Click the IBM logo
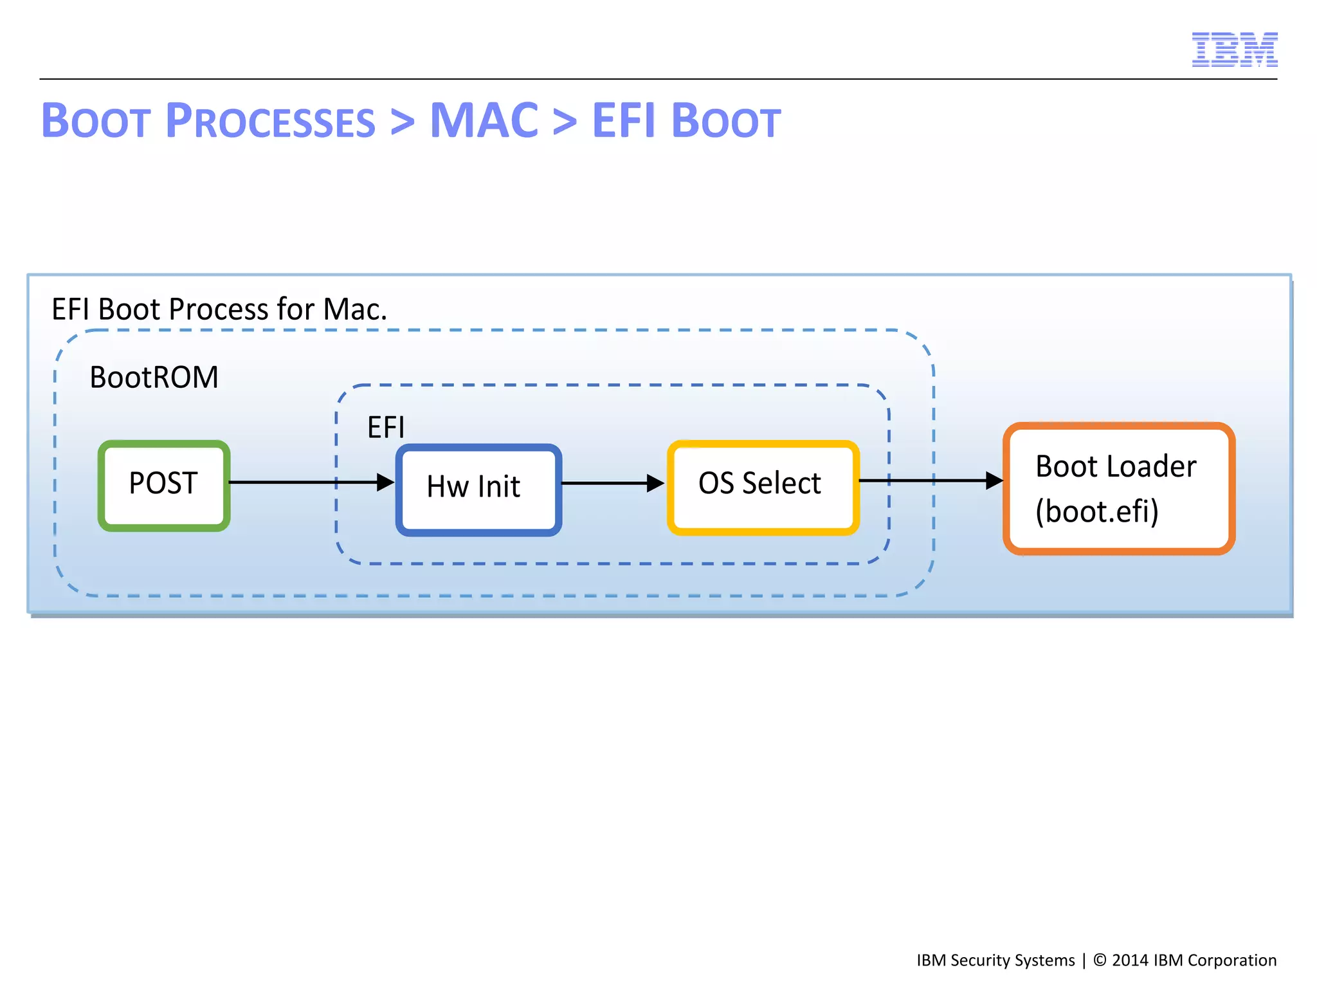tap(1234, 50)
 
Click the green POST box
tap(164, 485)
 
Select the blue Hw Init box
tap(478, 489)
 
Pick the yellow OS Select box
tap(763, 487)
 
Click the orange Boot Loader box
tap(1118, 488)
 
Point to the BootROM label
tap(154, 378)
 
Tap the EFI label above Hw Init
tap(386, 427)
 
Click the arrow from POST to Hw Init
tap(309, 482)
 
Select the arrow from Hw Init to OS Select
tap(611, 483)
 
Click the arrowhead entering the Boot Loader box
tap(994, 480)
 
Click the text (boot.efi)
tap(1096, 511)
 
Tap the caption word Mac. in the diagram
tap(355, 309)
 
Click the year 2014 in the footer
tap(1130, 960)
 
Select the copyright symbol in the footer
tap(1100, 960)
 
